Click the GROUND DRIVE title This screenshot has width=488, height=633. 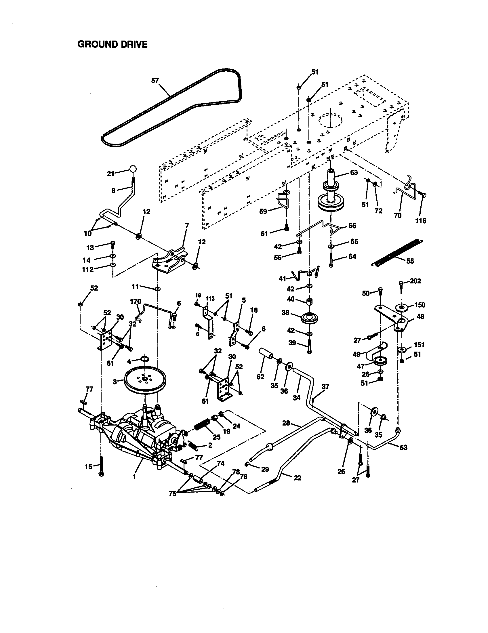point(113,44)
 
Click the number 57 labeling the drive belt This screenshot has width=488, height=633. point(155,81)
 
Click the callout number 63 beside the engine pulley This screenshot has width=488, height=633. point(354,172)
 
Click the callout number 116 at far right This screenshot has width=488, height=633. point(420,221)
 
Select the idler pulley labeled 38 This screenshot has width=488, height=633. point(310,319)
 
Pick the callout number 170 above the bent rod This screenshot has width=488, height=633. point(135,302)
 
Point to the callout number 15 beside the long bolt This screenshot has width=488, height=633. point(88,466)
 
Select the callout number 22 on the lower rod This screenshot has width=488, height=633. point(297,478)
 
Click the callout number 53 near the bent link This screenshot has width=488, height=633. point(403,447)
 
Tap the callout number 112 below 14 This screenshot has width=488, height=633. point(88,270)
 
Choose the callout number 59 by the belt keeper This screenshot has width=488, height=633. point(263,211)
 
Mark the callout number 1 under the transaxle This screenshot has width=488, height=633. point(134,477)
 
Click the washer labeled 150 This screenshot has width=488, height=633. point(403,307)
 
